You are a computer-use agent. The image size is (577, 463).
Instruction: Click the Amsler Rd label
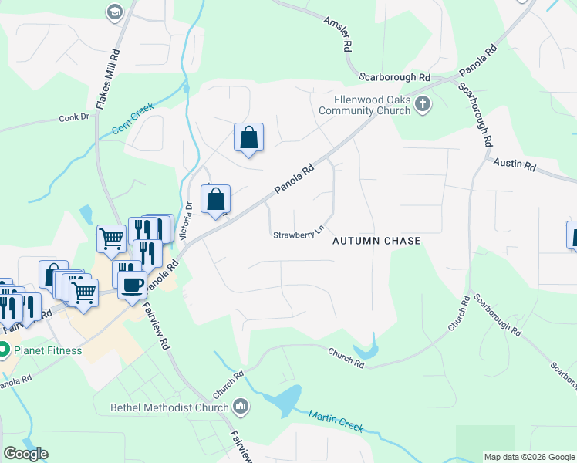(337, 31)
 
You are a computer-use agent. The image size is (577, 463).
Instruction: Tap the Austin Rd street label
(515, 165)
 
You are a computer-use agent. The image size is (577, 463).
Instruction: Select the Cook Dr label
(74, 118)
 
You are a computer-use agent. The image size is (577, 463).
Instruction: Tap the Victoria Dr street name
(189, 220)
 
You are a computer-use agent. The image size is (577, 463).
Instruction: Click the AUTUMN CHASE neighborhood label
(376, 241)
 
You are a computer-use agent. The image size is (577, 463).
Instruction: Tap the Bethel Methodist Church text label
(169, 407)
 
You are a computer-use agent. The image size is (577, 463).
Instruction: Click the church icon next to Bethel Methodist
(241, 407)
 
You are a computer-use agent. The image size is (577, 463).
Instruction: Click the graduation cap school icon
(114, 12)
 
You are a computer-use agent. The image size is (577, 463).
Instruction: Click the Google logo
(25, 454)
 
